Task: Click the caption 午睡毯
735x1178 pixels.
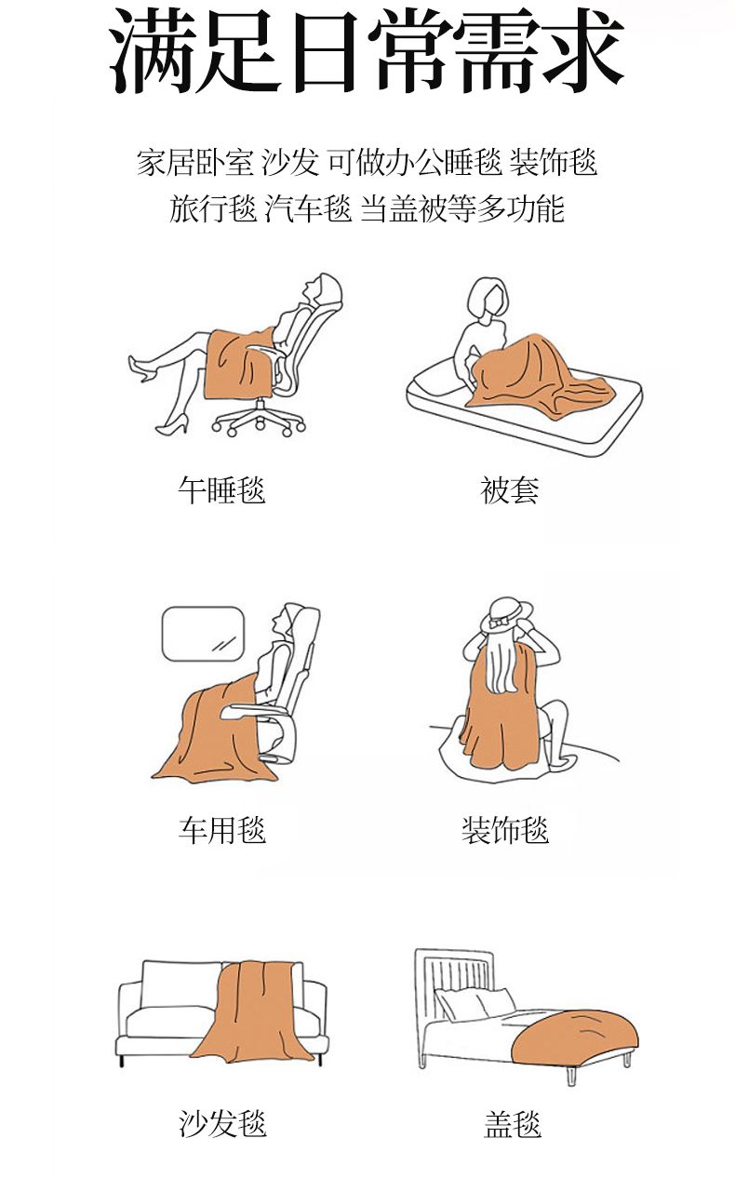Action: click(221, 490)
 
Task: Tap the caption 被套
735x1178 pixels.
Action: click(510, 490)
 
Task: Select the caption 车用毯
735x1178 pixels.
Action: click(221, 830)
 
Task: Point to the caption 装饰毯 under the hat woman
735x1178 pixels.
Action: click(505, 830)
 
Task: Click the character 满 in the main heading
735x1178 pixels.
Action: click(154, 51)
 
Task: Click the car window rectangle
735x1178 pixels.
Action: click(203, 634)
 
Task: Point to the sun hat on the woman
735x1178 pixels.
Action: click(506, 614)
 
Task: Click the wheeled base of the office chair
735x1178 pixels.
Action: click(259, 419)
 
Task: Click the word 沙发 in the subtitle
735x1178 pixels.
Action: click(290, 162)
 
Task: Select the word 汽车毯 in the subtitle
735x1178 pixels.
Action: click(308, 208)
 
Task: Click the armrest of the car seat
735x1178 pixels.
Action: click(255, 712)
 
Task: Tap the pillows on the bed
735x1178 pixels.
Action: click(475, 1003)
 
